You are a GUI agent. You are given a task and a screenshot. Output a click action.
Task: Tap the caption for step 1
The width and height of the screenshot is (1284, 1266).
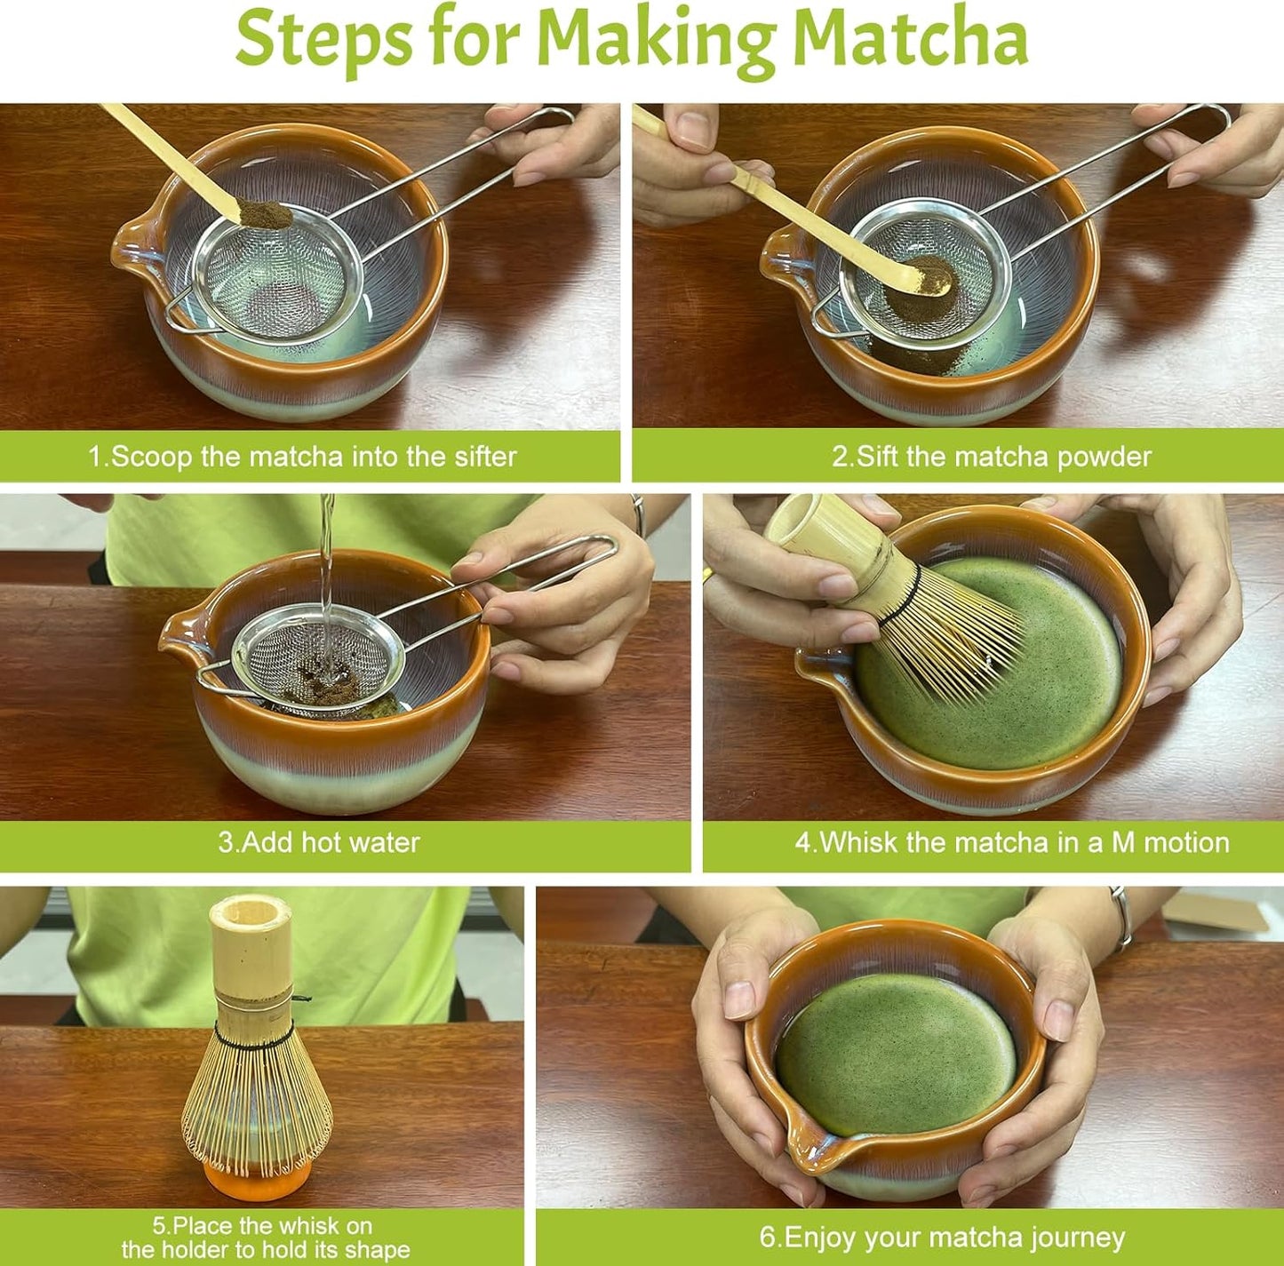302,457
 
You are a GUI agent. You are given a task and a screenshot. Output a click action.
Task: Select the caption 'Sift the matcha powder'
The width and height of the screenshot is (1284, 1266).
991,457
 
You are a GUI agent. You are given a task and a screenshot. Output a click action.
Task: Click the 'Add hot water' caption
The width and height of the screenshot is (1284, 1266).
319,842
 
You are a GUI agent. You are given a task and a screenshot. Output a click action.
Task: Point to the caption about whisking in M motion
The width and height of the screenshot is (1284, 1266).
1011,842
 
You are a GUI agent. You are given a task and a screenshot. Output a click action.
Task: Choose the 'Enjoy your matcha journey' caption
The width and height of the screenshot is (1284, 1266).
941,1238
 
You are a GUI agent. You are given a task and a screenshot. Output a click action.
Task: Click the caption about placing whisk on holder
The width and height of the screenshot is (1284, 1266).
265,1238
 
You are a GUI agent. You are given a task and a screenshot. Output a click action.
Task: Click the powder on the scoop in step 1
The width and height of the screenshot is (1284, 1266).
264,215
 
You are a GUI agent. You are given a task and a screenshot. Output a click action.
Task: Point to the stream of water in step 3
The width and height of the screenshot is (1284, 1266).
327,569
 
